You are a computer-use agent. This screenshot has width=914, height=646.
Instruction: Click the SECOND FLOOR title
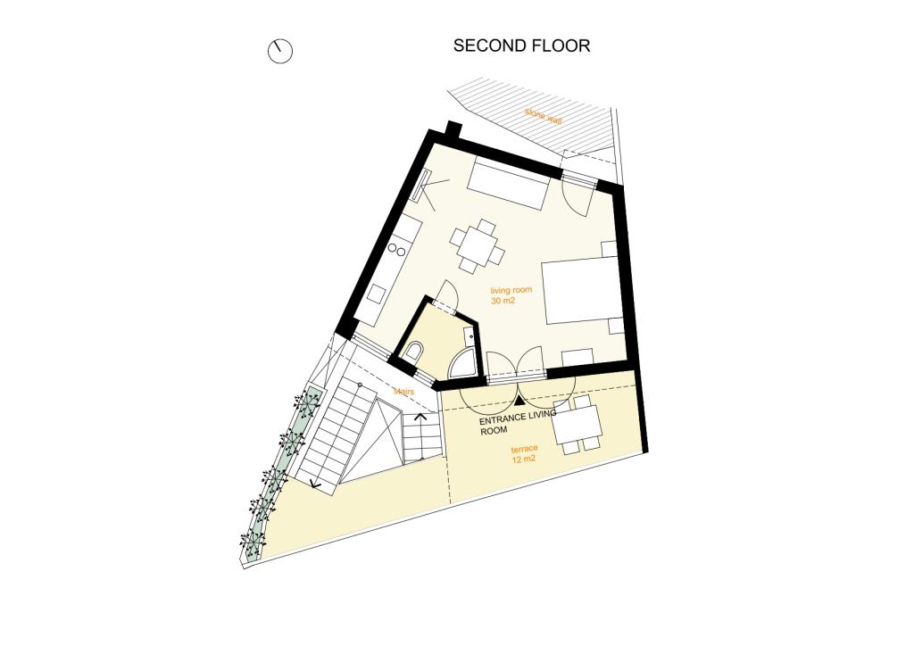pyautogui.click(x=521, y=46)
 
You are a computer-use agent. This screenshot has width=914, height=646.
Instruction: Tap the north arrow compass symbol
pyautogui.click(x=279, y=51)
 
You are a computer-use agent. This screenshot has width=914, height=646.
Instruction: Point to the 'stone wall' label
pyautogui.click(x=544, y=117)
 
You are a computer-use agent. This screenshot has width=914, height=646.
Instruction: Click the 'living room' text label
pyautogui.click(x=511, y=290)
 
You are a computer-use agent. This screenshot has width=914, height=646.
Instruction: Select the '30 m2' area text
pyautogui.click(x=503, y=302)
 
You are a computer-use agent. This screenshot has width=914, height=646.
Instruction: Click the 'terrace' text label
pyautogui.click(x=524, y=449)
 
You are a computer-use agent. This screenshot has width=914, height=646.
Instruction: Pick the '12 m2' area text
pyautogui.click(x=523, y=460)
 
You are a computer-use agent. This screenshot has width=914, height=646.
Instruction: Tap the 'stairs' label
pyautogui.click(x=403, y=392)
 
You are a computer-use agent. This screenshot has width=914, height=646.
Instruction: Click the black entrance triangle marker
pyautogui.click(x=520, y=401)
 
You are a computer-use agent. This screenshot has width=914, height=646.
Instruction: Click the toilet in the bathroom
pyautogui.click(x=414, y=352)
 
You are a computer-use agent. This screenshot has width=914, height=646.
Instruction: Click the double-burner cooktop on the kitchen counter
pyautogui.click(x=397, y=250)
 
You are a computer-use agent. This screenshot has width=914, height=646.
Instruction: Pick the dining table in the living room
pyautogui.click(x=478, y=245)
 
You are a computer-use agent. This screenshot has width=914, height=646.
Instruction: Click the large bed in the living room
pyautogui.click(x=580, y=291)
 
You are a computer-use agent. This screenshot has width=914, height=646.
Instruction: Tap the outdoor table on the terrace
pyautogui.click(x=577, y=424)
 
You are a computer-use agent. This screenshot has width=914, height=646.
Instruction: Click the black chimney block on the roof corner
pyautogui.click(x=453, y=131)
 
